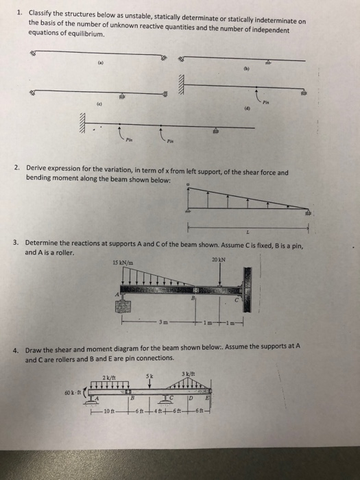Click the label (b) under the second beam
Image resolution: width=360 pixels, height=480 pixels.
(x=244, y=69)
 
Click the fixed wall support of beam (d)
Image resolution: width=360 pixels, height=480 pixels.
(x=182, y=82)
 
